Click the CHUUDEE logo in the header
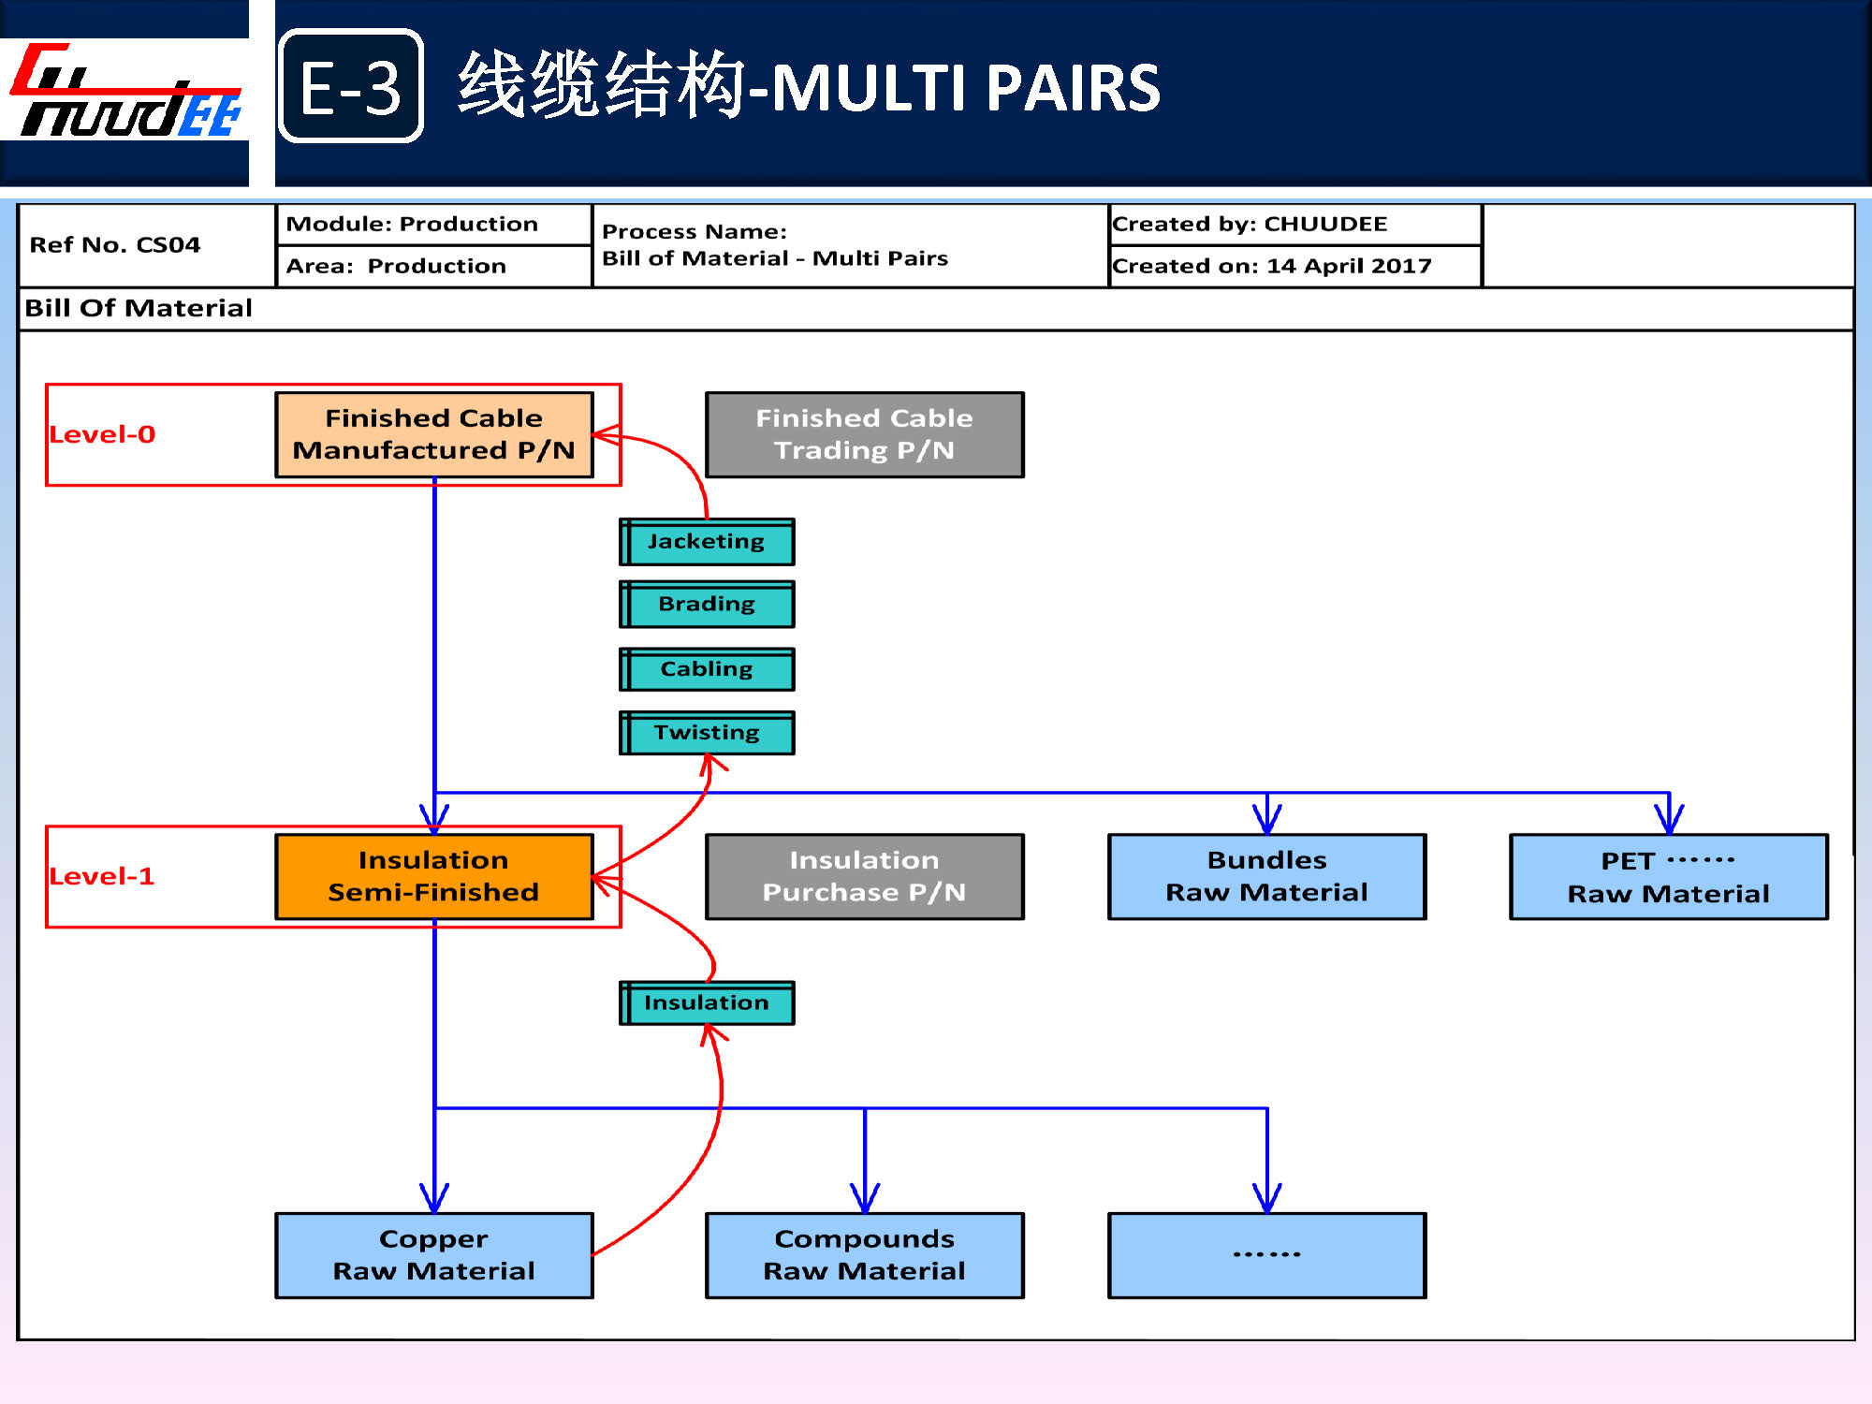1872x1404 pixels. tap(126, 92)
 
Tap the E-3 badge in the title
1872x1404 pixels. tap(351, 86)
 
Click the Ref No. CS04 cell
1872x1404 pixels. tap(115, 245)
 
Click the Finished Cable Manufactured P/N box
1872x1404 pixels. tap(434, 434)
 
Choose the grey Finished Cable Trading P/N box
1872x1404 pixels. tap(864, 434)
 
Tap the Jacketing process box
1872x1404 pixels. tap(707, 542)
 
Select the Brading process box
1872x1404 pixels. tap(707, 605)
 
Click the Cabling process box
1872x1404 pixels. tap(707, 669)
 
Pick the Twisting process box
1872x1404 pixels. tap(707, 733)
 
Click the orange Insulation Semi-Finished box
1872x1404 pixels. tap(434, 876)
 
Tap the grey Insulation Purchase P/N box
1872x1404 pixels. tap(864, 876)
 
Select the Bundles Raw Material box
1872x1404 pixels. tap(1266, 876)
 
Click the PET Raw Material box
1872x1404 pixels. tap(1668, 877)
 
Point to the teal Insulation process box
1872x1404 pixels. tap(707, 1002)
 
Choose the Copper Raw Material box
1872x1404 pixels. tap(434, 1255)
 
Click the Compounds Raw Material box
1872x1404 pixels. tap(864, 1255)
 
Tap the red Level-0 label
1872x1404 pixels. tap(103, 434)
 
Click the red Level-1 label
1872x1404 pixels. tap(102, 876)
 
